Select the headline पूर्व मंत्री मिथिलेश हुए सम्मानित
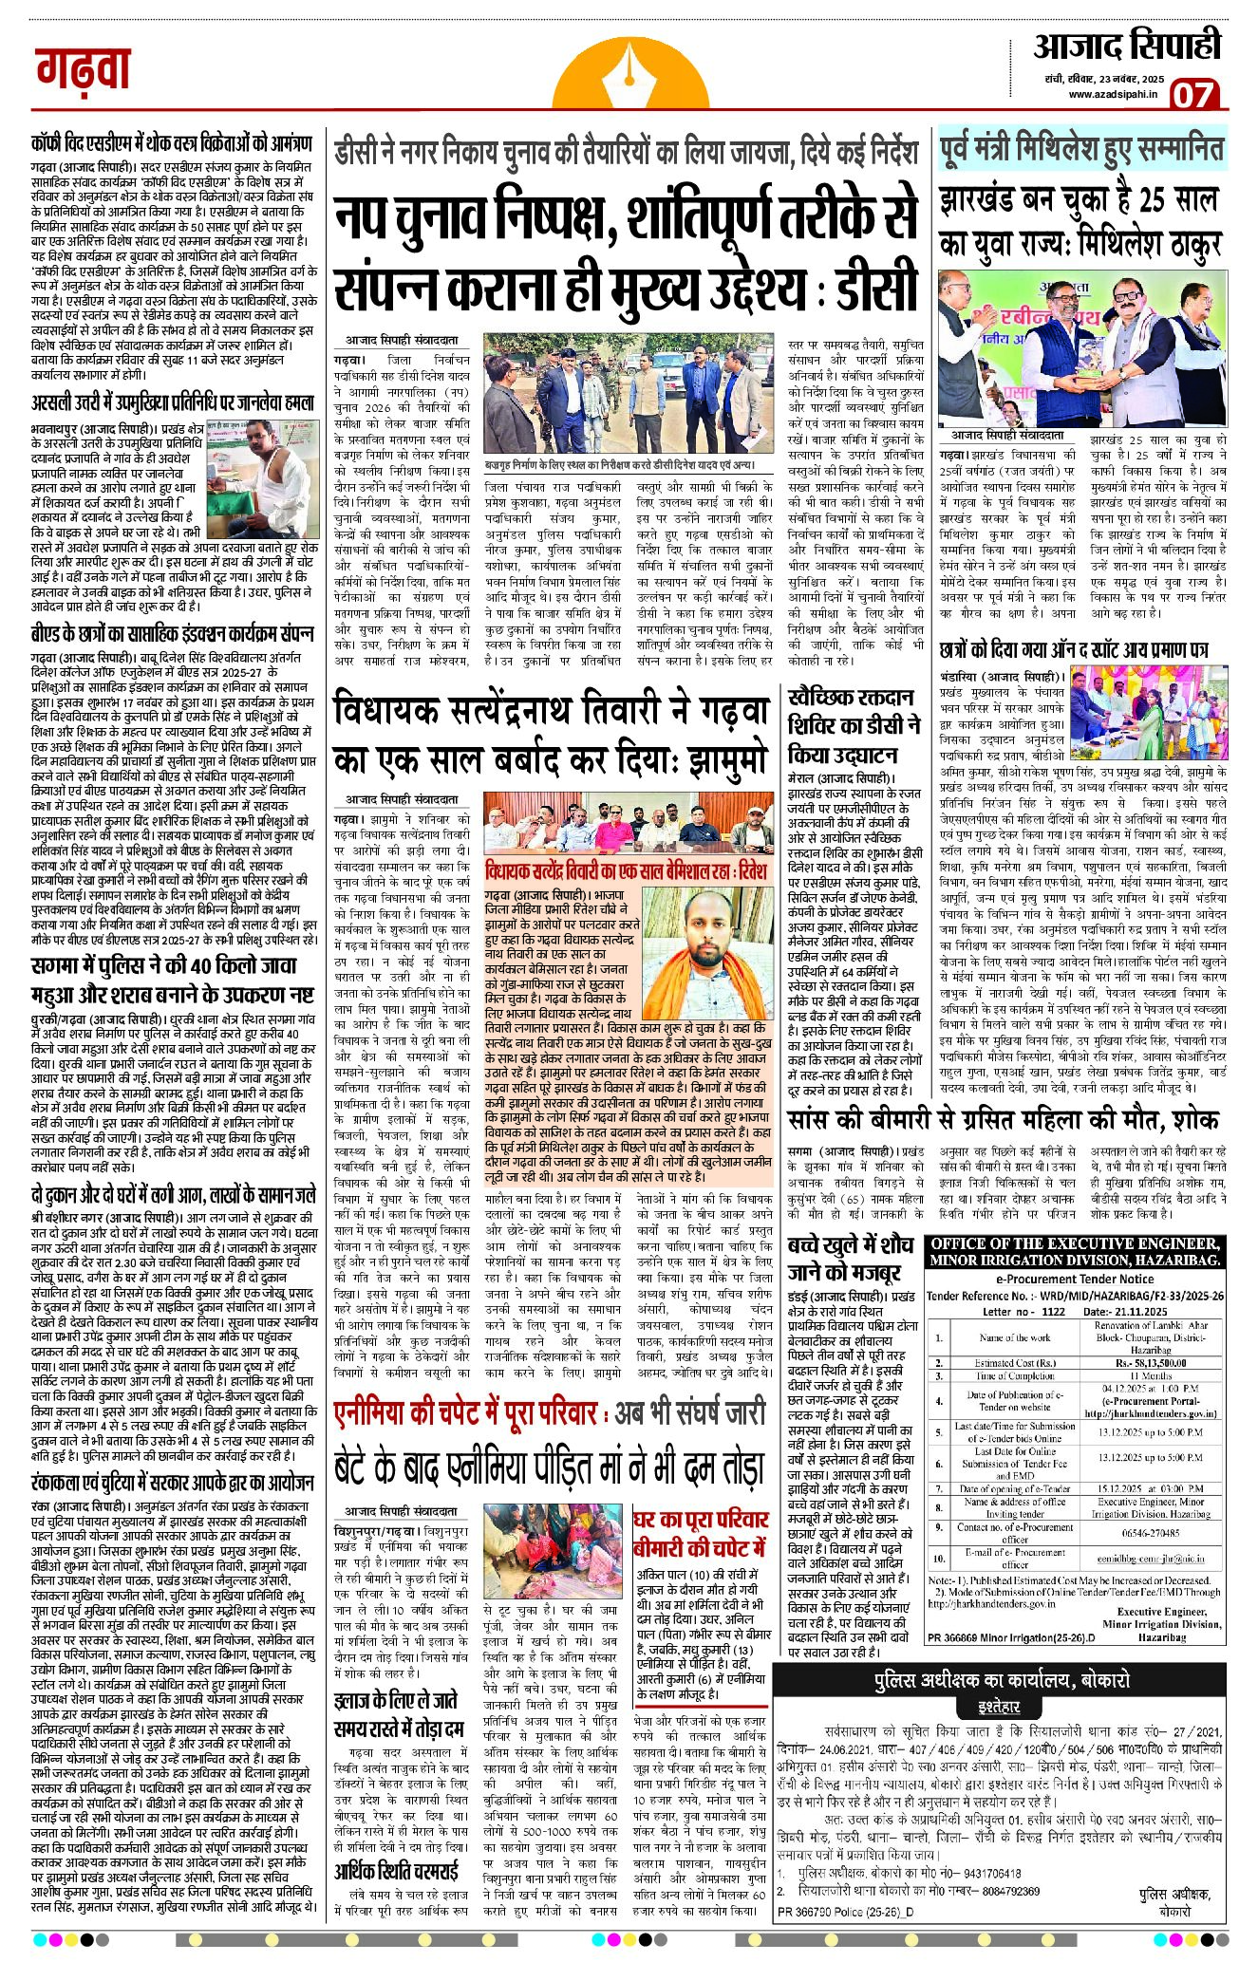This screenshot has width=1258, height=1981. [1081, 151]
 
